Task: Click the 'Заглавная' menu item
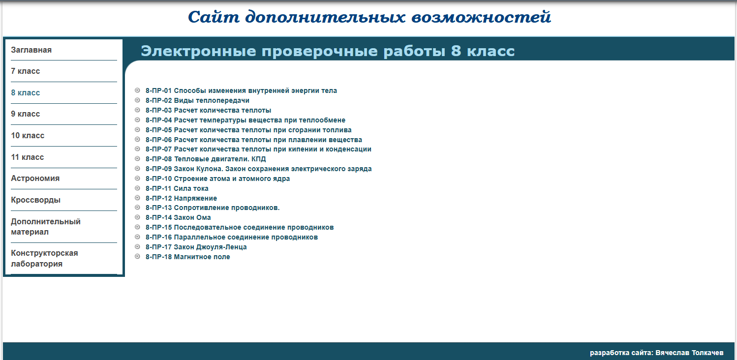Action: (x=31, y=50)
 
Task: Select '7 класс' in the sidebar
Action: (x=25, y=71)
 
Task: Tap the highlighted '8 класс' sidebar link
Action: (x=25, y=93)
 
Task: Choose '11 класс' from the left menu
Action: (x=28, y=157)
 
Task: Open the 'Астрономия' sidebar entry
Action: (x=35, y=178)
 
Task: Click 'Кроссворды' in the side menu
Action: (x=35, y=200)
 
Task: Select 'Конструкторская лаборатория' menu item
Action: (x=44, y=258)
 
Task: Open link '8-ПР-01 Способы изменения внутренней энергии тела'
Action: (x=241, y=90)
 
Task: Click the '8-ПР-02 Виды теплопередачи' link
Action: (x=197, y=100)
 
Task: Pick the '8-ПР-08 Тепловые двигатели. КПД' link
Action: (x=206, y=159)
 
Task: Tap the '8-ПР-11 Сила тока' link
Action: (x=177, y=188)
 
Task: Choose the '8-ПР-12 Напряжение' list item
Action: (x=181, y=198)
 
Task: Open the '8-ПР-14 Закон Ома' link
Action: (x=178, y=217)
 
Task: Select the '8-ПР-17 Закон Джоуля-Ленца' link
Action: (x=196, y=247)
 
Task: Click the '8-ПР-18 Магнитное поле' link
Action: (x=188, y=257)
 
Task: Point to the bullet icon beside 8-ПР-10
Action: (x=137, y=178)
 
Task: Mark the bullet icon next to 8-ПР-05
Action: (x=137, y=129)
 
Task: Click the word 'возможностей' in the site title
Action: (x=481, y=17)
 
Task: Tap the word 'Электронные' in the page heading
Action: (x=198, y=51)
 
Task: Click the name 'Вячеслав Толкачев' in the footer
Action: (x=689, y=353)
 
